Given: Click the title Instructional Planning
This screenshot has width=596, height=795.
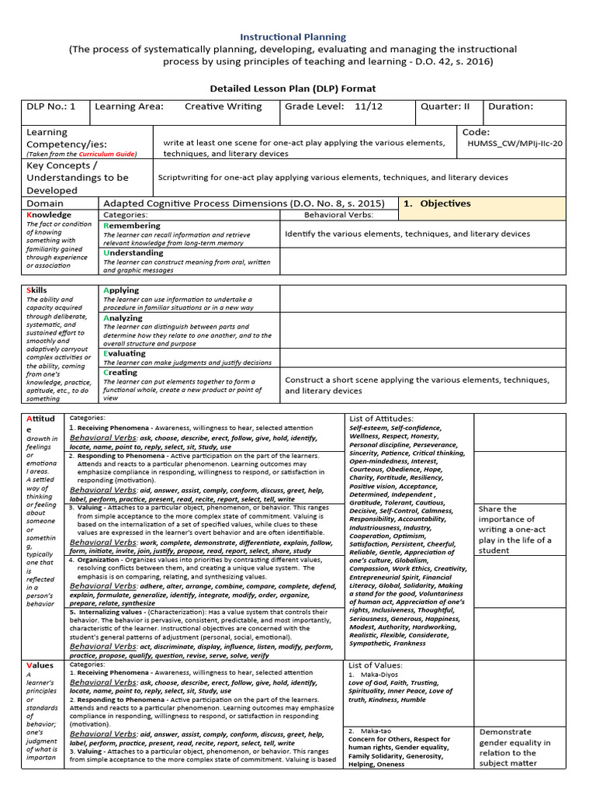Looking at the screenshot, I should pos(293,36).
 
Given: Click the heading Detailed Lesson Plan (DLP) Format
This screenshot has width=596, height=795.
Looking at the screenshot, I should pos(293,89).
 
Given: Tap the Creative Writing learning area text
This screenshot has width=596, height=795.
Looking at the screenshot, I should pos(223,107).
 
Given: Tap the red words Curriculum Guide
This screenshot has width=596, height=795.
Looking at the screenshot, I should pos(109,154).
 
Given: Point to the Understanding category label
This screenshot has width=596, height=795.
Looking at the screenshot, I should pos(133,252).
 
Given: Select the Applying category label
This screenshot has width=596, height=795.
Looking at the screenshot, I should pos(122,290).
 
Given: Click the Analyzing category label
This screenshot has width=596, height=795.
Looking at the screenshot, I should pos(123,318).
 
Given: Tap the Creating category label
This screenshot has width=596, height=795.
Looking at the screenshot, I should pos(120,372).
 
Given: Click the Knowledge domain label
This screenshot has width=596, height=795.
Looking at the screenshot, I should pos(49,214).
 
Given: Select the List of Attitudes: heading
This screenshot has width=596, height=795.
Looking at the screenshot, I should pos(382,418).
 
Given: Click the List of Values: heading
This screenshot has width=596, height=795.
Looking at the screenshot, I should pos(376,665).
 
